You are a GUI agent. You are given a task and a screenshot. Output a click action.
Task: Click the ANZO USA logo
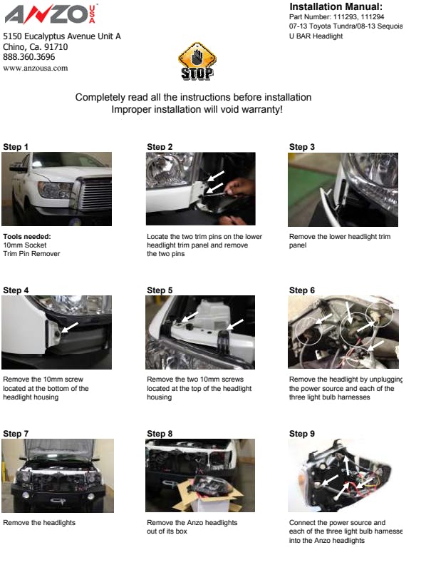tap(51, 14)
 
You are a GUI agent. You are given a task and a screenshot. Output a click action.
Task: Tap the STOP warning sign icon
tap(197, 61)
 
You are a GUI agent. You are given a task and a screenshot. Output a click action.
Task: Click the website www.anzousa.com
tap(35, 68)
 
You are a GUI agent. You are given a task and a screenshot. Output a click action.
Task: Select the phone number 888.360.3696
tap(28, 57)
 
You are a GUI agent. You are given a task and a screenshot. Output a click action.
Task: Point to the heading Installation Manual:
tap(336, 7)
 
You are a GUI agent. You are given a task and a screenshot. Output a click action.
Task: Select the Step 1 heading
tap(16, 147)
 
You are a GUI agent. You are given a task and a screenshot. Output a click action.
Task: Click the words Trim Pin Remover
tap(31, 254)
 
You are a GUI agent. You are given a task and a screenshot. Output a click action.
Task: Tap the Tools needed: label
tap(27, 237)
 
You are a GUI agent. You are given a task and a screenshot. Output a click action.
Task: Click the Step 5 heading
tap(160, 290)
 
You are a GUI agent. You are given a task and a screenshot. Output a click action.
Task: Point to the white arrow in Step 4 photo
tap(70, 327)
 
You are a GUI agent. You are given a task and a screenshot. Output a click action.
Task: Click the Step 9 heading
tap(302, 434)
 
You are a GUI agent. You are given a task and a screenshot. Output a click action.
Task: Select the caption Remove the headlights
tap(39, 522)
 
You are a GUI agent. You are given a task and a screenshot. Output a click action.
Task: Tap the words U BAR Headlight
tap(316, 36)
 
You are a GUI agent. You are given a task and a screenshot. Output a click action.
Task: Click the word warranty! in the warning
tap(262, 109)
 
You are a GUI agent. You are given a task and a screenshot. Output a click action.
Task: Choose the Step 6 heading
tap(302, 290)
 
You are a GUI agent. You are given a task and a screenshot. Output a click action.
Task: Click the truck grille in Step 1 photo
tap(94, 193)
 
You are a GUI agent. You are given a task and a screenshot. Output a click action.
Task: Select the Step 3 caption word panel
tap(298, 245)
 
